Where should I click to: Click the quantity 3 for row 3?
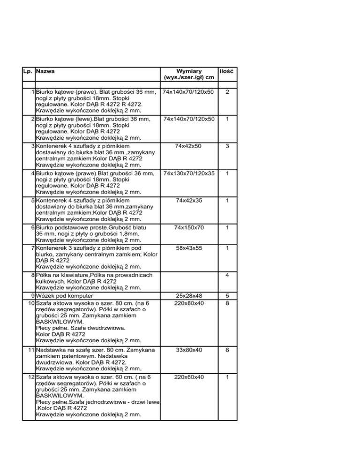(227, 146)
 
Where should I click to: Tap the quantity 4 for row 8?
(227, 275)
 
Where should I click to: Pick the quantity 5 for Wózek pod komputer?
(227, 296)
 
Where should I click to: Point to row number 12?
(30, 376)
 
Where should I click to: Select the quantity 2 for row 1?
(227, 92)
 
